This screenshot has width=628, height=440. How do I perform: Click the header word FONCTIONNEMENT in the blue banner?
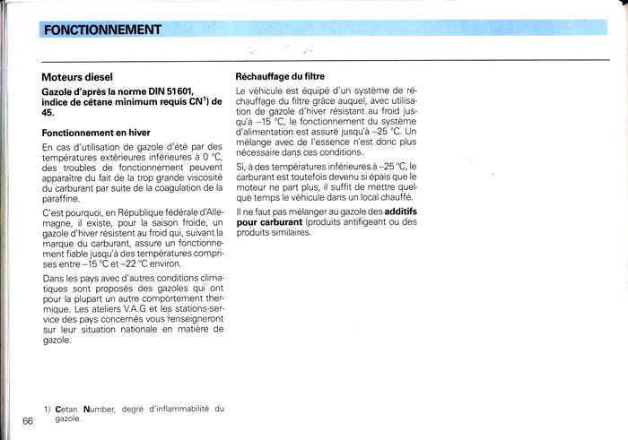(x=102, y=30)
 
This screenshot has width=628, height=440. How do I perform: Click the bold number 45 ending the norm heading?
(x=49, y=114)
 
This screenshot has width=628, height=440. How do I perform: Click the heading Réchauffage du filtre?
(x=280, y=77)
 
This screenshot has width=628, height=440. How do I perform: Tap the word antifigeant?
(x=367, y=223)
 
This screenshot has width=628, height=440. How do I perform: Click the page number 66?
(x=27, y=421)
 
